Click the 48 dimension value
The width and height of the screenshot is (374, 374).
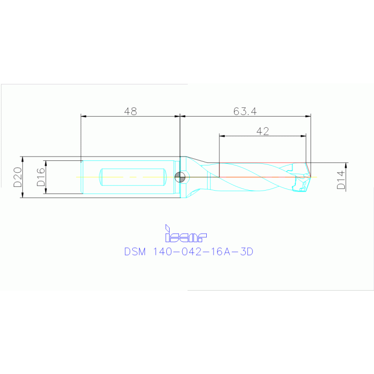[130, 111]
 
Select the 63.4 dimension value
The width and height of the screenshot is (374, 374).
[245, 111]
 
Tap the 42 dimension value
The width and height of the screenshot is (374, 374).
[262, 131]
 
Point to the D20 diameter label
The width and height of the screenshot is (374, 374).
[18, 177]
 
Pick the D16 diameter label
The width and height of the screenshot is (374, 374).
[40, 177]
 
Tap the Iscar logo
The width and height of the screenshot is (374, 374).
[186, 235]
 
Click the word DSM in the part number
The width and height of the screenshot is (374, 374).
[135, 252]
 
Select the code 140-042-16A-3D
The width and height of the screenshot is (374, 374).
[204, 252]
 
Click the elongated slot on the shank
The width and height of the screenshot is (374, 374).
[131, 177]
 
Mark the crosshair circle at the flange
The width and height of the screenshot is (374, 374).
[180, 177]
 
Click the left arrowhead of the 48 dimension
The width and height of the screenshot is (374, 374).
[83, 117]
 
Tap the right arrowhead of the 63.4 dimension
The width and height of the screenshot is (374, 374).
[308, 117]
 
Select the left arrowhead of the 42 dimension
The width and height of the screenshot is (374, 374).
[222, 136]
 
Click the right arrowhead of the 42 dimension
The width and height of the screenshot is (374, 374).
[303, 136]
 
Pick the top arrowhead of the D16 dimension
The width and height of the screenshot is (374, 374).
[45, 163]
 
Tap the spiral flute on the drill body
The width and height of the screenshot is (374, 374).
[254, 177]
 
